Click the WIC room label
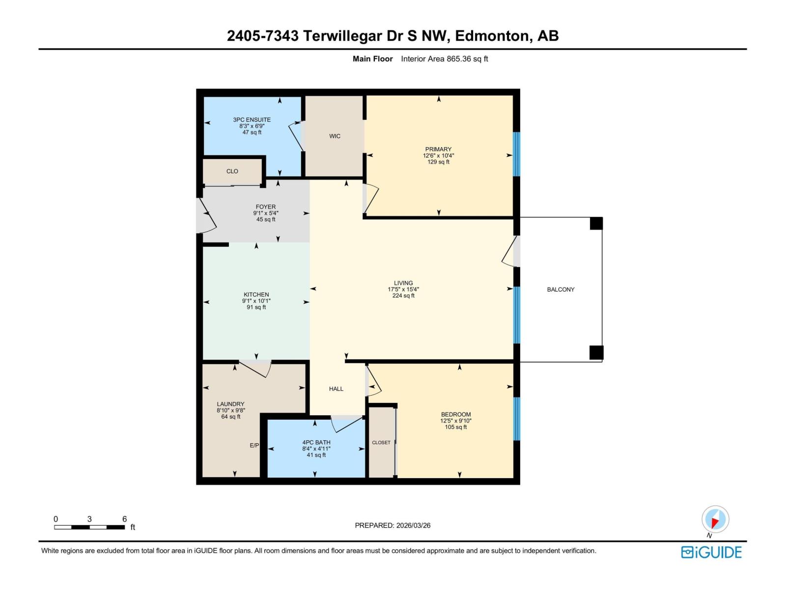(x=335, y=136)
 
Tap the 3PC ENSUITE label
(x=252, y=120)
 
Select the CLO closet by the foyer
(x=232, y=171)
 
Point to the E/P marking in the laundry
(x=254, y=445)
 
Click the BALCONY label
(x=561, y=290)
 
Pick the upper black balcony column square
(x=596, y=223)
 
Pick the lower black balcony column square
(x=596, y=352)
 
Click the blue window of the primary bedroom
(x=516, y=154)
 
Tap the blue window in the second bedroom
(x=516, y=419)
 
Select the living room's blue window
(x=516, y=315)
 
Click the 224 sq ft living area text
(x=403, y=296)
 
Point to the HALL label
(x=336, y=389)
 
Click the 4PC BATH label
(x=316, y=442)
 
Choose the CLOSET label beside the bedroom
(x=381, y=443)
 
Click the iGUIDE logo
(x=711, y=552)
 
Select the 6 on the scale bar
(x=124, y=519)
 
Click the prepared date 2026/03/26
(x=413, y=525)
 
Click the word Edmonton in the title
(x=492, y=36)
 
